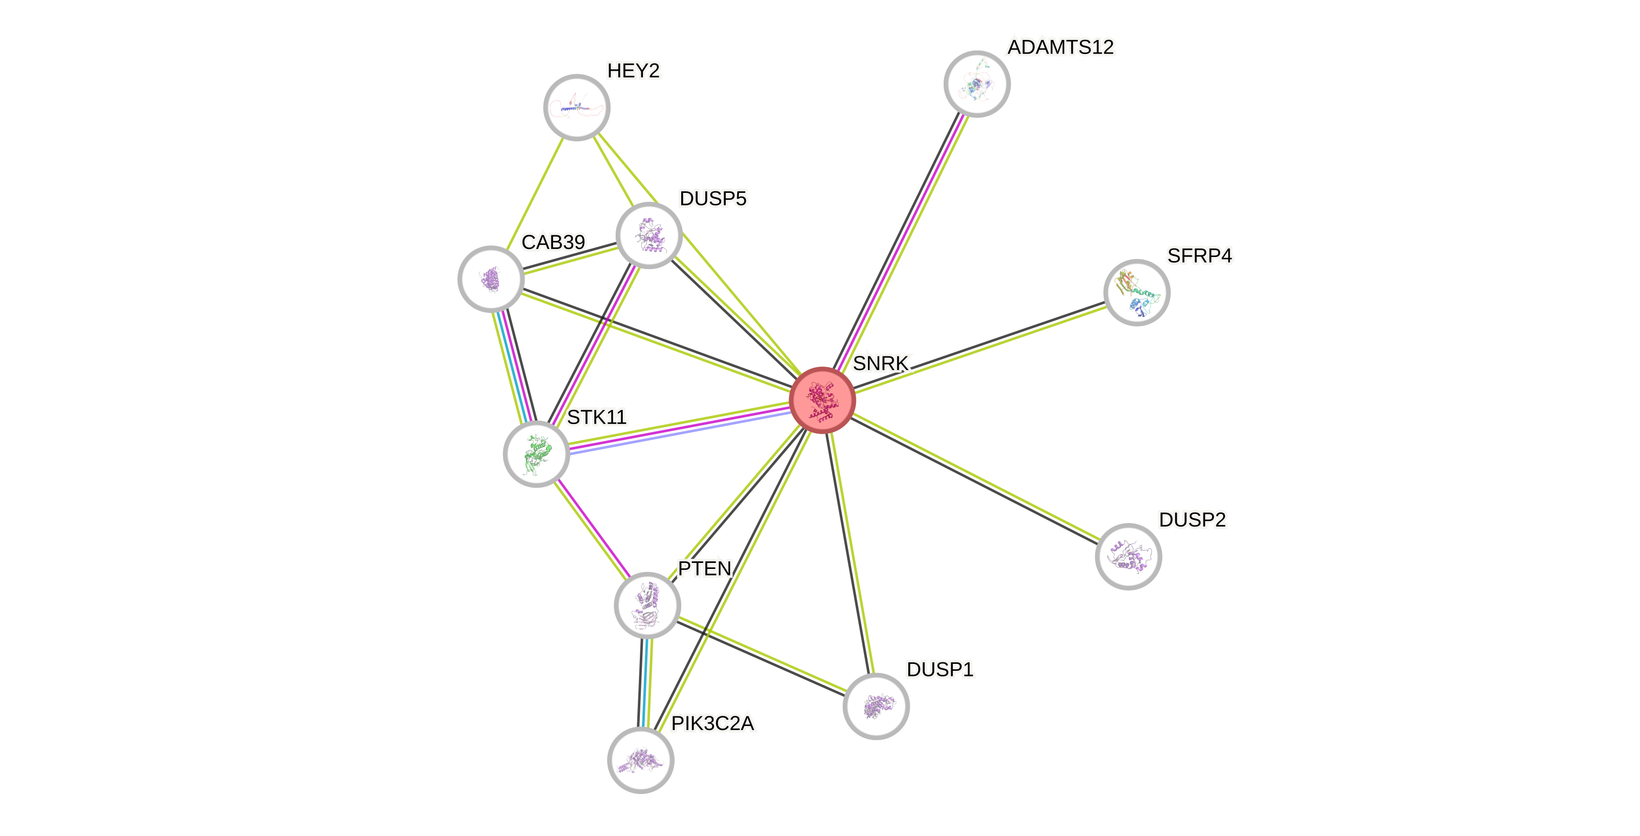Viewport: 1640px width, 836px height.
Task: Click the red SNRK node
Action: [822, 400]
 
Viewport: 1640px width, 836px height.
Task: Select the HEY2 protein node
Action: [577, 107]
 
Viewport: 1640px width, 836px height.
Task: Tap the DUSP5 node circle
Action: [649, 235]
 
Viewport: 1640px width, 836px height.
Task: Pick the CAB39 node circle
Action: [491, 279]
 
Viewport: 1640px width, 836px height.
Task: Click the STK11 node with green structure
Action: [536, 454]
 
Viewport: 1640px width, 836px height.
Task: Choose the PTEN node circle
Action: [647, 605]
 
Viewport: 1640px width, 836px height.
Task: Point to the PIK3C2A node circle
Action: [640, 760]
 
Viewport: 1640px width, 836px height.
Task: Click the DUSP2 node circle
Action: [1128, 556]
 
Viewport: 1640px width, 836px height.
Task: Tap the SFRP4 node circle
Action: [1136, 292]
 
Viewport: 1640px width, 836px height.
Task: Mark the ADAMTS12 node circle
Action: [976, 83]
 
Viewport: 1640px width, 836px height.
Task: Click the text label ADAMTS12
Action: [1061, 47]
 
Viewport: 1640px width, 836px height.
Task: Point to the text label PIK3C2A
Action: [713, 723]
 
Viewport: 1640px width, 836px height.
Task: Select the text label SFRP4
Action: [1199, 255]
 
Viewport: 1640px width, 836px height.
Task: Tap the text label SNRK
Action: [881, 363]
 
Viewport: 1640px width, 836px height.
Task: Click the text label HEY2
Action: [633, 71]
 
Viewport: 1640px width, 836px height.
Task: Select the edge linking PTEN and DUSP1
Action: [761, 655]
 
